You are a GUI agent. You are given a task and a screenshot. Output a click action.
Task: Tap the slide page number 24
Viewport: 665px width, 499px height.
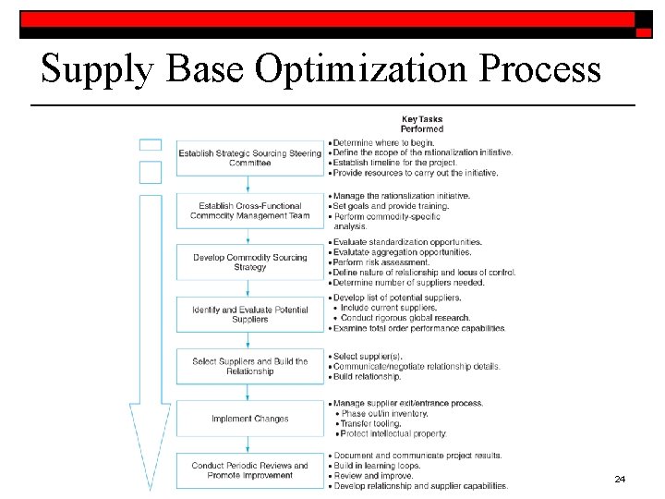tap(620, 480)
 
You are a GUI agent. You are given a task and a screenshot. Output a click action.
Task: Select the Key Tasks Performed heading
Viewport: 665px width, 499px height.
tap(421, 124)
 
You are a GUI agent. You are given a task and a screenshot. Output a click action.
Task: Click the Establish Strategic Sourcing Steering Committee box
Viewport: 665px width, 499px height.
tap(249, 158)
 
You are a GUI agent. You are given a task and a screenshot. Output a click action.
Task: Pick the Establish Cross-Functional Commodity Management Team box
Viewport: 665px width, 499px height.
tap(249, 211)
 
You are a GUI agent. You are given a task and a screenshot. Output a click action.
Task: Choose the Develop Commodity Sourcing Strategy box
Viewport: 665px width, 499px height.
tap(249, 262)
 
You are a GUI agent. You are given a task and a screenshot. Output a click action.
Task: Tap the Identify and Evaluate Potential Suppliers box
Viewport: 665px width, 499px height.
tap(249, 314)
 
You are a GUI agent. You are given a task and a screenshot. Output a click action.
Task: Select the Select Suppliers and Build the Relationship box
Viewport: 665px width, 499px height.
tap(249, 366)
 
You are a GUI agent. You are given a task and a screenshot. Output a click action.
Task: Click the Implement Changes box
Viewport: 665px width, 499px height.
tap(249, 419)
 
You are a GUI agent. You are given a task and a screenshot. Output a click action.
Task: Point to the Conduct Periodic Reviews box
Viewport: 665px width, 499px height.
tap(249, 470)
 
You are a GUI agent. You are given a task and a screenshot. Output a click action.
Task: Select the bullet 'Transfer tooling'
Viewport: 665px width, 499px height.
tap(370, 423)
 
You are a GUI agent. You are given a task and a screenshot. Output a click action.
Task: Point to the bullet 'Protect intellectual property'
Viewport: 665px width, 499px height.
tap(393, 433)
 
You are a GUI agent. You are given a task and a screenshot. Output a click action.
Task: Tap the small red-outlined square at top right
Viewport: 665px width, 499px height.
tap(644, 31)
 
